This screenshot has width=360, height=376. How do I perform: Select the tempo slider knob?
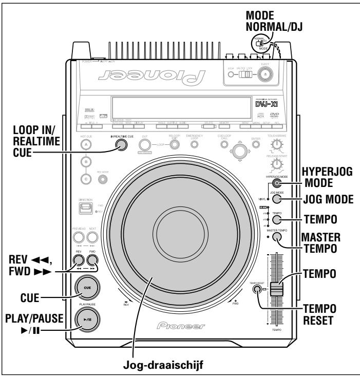277,289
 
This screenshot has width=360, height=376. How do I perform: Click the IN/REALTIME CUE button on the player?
121,145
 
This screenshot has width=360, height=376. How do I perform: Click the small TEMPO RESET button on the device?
256,290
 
